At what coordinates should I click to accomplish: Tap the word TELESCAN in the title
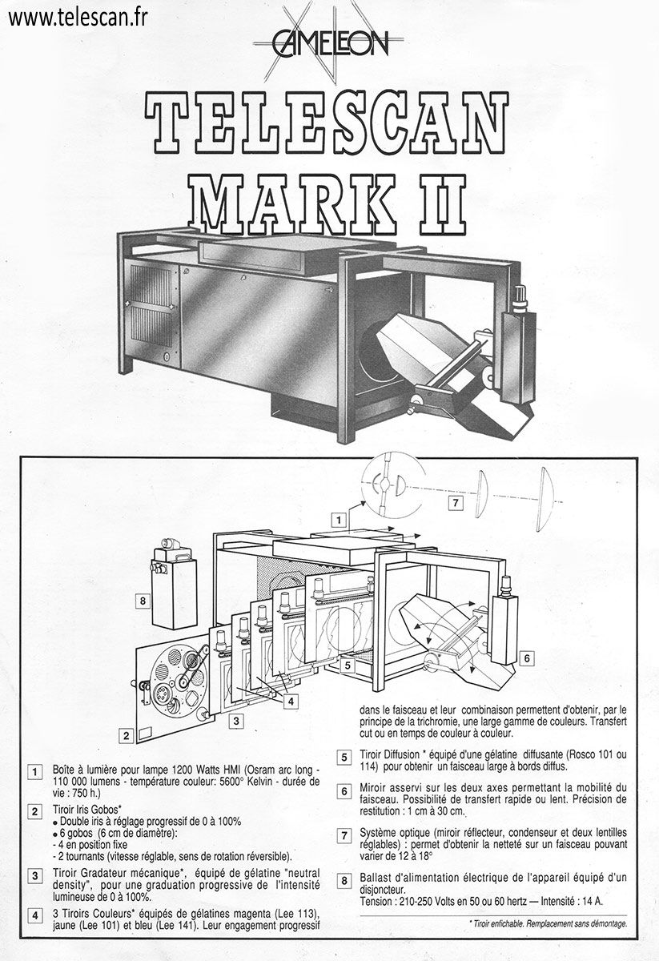(326, 123)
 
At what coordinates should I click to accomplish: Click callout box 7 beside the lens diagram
(456, 502)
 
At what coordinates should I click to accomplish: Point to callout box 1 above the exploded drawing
(339, 521)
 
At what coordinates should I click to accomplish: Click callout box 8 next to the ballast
(143, 601)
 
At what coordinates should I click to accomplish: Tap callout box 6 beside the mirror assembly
(527, 658)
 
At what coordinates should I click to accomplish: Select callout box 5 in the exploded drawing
(348, 665)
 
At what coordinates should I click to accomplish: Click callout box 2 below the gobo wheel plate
(127, 736)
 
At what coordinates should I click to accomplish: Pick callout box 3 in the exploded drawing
(236, 721)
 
